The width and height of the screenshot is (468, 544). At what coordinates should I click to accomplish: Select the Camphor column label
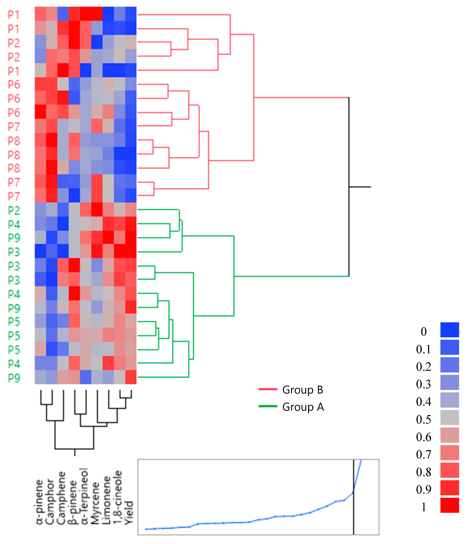point(50,501)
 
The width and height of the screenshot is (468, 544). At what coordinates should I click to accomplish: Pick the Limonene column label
point(106,500)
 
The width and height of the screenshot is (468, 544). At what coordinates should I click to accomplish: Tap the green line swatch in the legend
point(268,406)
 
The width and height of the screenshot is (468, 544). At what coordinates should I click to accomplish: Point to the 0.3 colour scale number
point(423,384)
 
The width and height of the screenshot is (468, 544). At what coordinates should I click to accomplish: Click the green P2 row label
point(14,211)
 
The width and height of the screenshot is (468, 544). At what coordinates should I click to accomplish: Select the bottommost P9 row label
point(14,378)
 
